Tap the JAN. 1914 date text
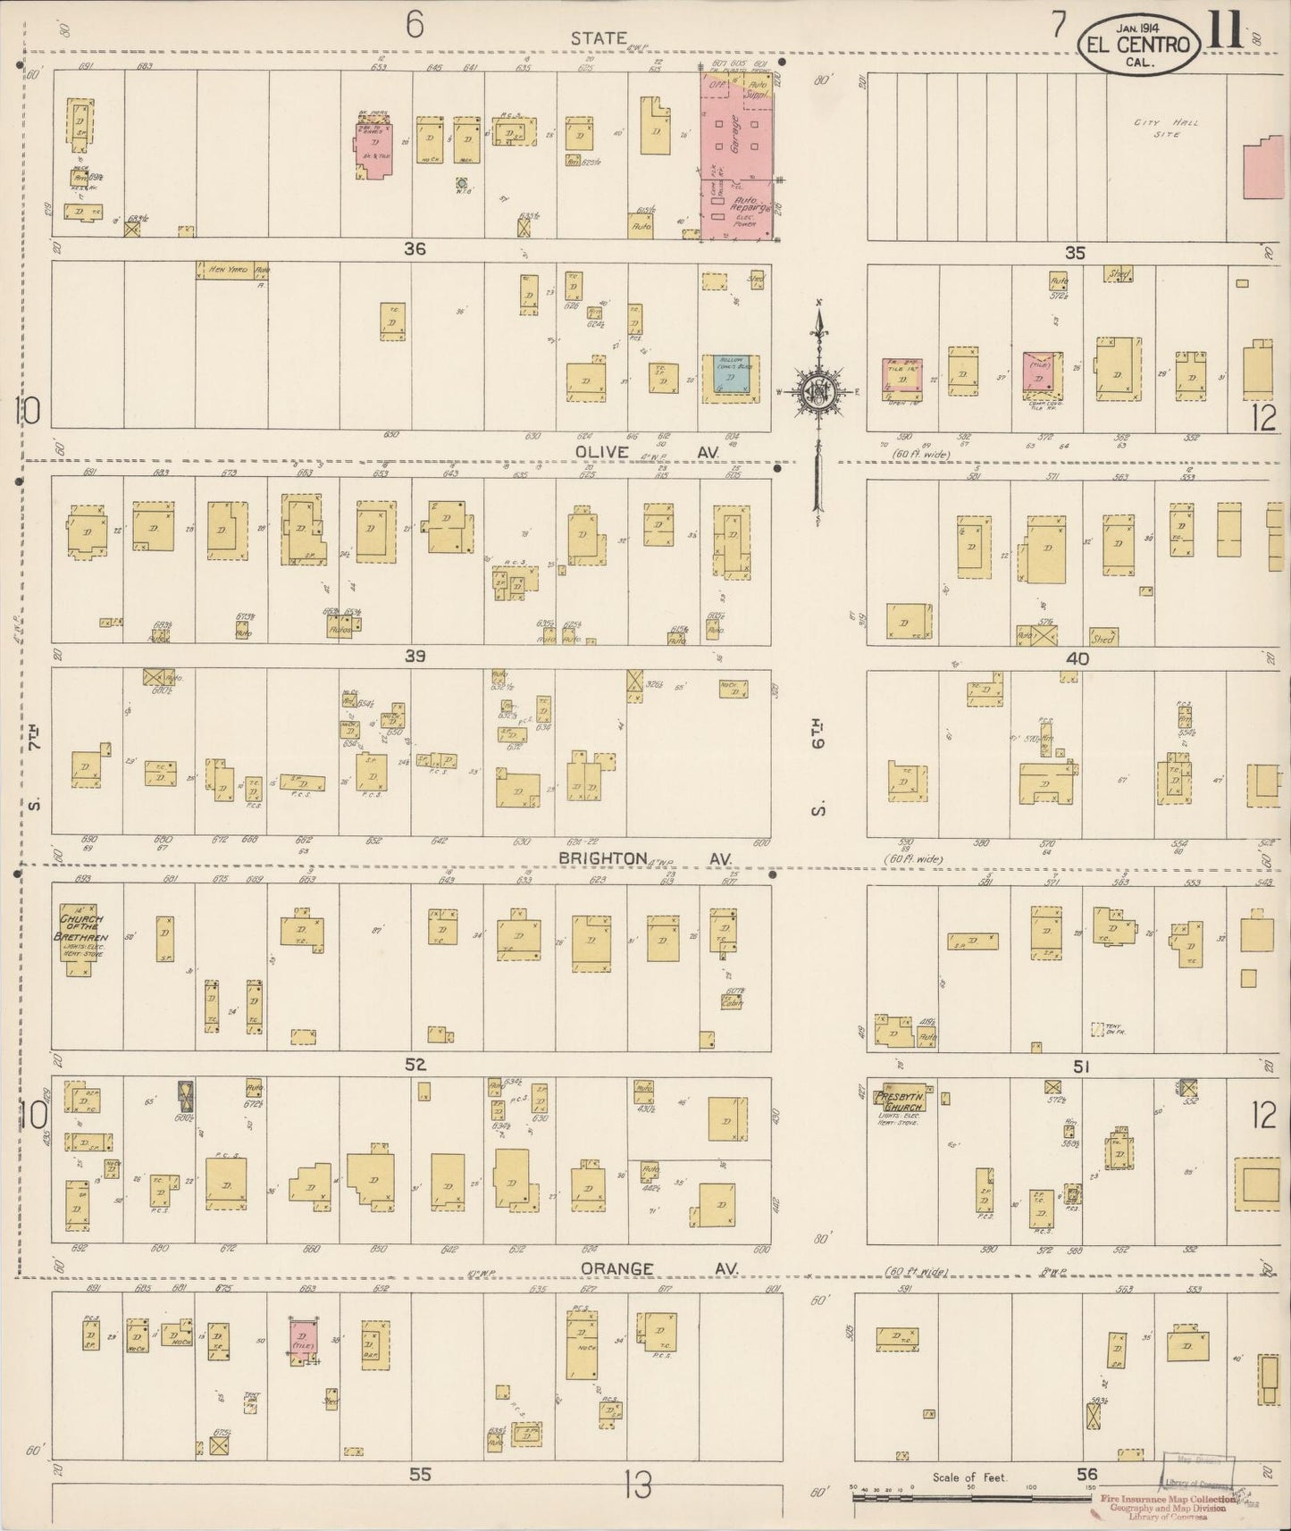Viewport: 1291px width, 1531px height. pos(1136,28)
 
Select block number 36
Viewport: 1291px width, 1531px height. pos(414,249)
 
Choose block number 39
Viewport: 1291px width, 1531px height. pos(414,657)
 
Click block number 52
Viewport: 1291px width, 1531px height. pos(415,1064)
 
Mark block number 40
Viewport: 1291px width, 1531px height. pos(1077,658)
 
